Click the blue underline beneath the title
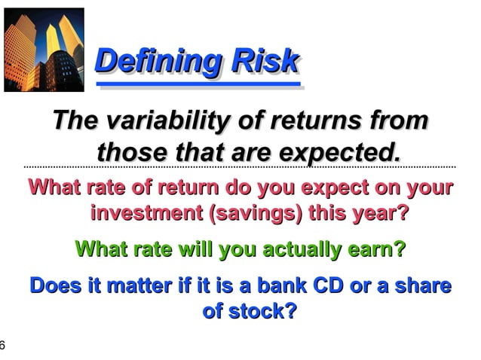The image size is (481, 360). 200,85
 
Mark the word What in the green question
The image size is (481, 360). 103,248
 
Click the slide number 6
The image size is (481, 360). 3,346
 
